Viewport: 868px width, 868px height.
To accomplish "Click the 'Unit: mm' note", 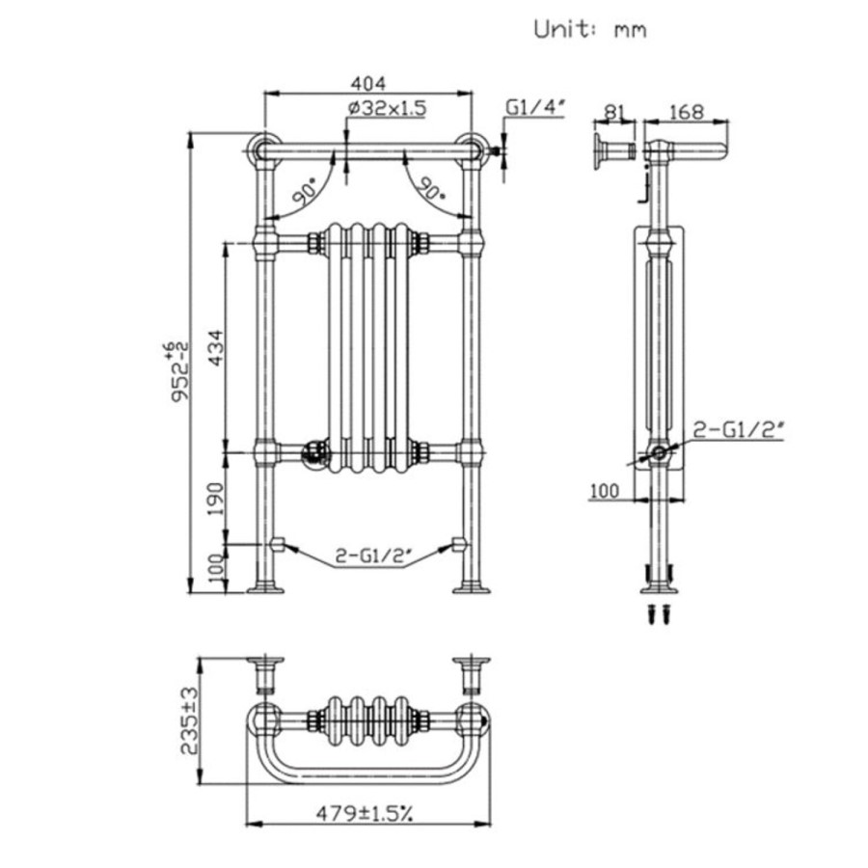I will [590, 30].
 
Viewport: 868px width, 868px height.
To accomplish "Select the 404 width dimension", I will [367, 83].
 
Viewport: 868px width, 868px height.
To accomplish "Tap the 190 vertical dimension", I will [215, 499].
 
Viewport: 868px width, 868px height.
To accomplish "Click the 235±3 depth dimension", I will [190, 720].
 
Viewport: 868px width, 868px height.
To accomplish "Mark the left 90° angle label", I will [306, 193].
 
